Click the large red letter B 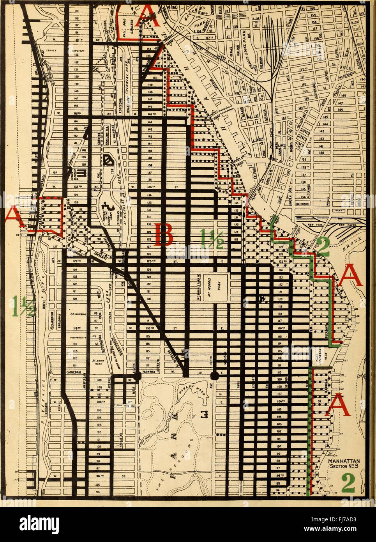click(164, 234)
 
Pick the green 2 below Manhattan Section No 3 click(348, 483)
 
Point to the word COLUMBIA click(78, 314)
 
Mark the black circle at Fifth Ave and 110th click(214, 375)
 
